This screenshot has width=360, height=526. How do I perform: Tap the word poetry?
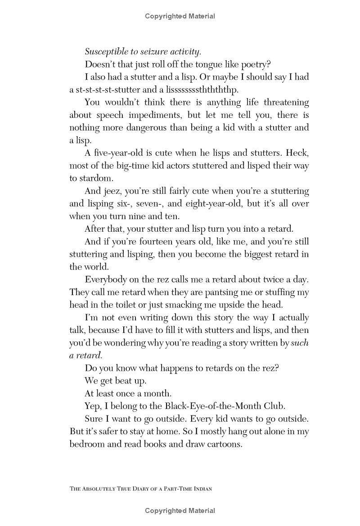[x=253, y=64]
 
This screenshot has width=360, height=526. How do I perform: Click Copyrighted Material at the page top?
[x=180, y=16]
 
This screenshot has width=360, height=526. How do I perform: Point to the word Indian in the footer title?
[x=199, y=488]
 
